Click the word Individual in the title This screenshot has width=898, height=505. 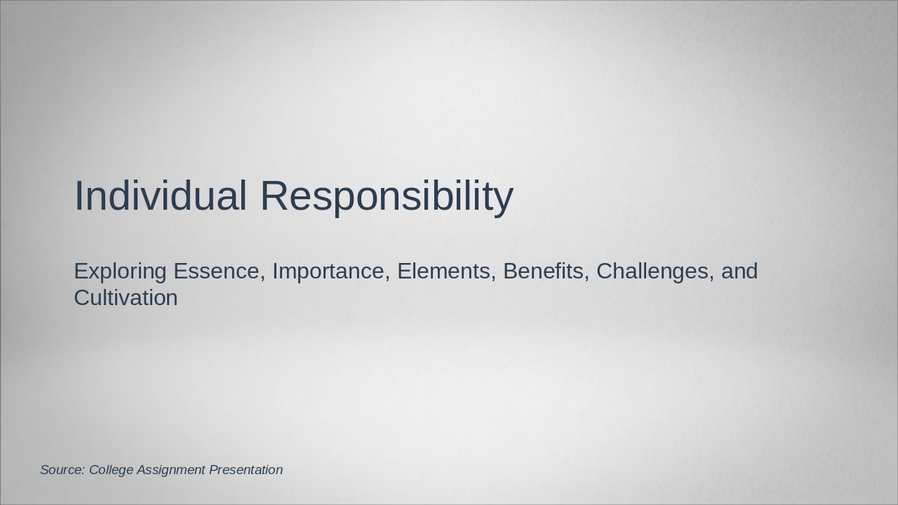(160, 196)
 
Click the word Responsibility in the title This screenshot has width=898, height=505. (387, 196)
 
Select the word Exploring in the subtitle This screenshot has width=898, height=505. (120, 271)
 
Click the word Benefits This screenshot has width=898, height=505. (543, 271)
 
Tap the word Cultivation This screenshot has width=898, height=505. (126, 297)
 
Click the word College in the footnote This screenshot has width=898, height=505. (111, 470)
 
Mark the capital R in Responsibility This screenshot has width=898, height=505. (274, 196)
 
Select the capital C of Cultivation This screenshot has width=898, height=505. (82, 297)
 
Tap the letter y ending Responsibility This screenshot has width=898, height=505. (504, 200)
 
